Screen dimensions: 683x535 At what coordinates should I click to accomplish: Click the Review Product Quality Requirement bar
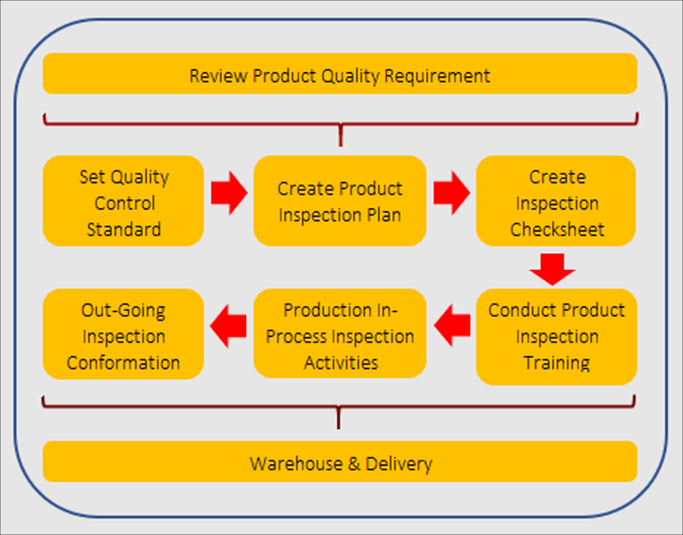point(340,74)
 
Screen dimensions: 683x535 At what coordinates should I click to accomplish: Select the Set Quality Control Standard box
point(123,201)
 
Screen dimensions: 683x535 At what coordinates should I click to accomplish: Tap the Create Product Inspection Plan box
point(340,201)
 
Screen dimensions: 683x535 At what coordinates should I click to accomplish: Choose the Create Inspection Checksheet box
point(556,201)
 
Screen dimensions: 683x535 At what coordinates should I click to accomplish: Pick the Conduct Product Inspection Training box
point(556,337)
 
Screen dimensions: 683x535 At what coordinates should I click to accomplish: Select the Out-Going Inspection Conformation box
point(123,334)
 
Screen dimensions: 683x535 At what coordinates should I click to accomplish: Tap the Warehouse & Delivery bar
point(340,461)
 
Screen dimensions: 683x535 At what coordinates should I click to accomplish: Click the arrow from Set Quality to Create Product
point(229,193)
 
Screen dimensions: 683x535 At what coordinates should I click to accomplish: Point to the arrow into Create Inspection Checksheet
point(452,193)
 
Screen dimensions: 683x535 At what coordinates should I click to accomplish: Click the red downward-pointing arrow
point(553,269)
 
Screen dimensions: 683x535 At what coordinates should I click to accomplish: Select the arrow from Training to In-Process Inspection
point(452,326)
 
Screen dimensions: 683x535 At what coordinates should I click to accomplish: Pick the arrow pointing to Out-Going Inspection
point(228,326)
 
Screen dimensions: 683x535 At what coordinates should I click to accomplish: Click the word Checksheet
point(557,229)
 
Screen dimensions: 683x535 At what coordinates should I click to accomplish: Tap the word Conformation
point(123,363)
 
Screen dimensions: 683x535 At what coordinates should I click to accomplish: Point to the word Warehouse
point(296,463)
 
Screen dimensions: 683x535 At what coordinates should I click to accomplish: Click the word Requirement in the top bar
point(437,76)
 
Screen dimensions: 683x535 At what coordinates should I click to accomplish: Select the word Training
point(557,363)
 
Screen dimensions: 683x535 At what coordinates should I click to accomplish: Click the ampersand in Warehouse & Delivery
point(354,463)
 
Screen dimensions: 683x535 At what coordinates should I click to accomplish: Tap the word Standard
point(124,229)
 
